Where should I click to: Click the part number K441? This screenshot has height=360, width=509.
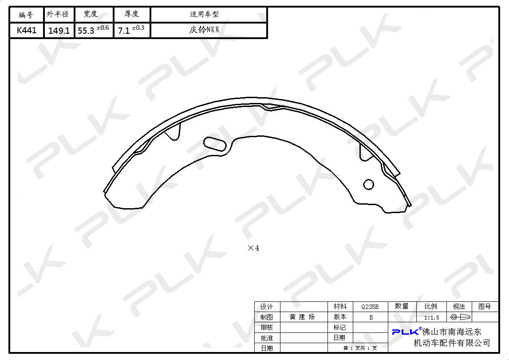pyautogui.click(x=27, y=31)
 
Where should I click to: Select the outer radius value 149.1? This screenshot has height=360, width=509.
pyautogui.click(x=59, y=31)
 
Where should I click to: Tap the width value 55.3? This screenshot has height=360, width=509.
pyautogui.click(x=86, y=31)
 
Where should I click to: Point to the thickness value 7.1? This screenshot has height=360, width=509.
pyautogui.click(x=124, y=31)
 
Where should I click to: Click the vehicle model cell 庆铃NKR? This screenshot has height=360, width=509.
pyautogui.click(x=204, y=30)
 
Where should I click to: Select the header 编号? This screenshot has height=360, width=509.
pyautogui.click(x=26, y=15)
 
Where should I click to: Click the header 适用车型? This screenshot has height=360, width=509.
pyautogui.click(x=204, y=14)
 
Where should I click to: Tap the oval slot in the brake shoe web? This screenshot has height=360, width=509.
pyautogui.click(x=215, y=144)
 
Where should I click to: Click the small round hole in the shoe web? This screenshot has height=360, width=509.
pyautogui.click(x=368, y=184)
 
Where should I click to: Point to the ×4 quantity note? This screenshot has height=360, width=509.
pyautogui.click(x=253, y=248)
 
